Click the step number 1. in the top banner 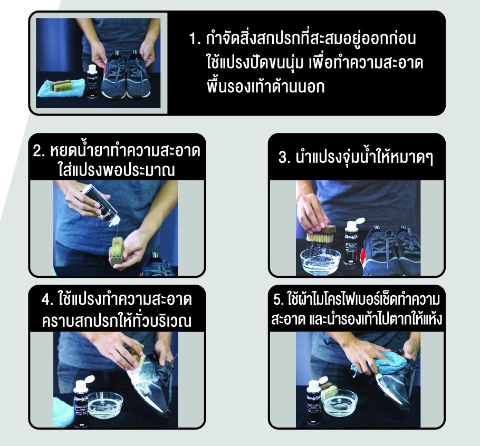coord(195,39)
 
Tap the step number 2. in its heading coord(39,151)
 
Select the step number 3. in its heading coord(284,158)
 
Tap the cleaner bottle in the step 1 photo coord(92,82)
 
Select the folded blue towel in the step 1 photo coord(61,88)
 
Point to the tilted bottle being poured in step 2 coord(100,205)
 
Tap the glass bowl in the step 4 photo coord(106,405)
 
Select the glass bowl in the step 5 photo coord(339,403)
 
